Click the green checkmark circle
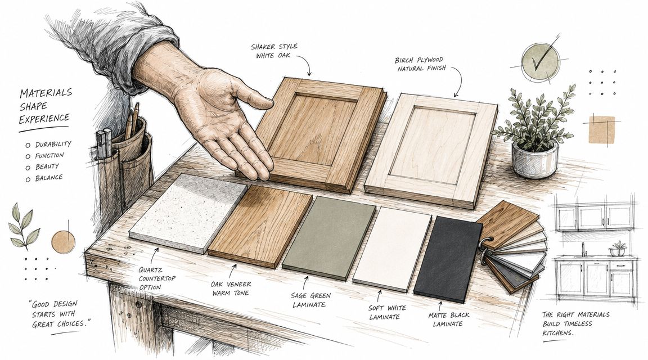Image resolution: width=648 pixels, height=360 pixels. tap(540, 62)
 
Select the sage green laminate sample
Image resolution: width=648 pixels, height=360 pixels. tap(329, 238)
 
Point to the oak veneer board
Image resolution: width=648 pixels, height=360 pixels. tap(260, 226)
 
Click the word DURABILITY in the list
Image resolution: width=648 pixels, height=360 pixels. tap(53, 144)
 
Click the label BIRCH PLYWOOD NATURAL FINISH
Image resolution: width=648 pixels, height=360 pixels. tap(421, 64)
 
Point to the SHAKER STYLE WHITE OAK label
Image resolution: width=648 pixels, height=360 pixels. tap(274, 51)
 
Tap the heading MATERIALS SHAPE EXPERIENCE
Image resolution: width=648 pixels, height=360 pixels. tap(45, 106)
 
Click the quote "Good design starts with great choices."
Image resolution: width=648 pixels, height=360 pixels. tap(60, 314)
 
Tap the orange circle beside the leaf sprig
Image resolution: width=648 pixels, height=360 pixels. tap(63, 242)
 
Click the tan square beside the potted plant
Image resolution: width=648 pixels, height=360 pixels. tap(602, 130)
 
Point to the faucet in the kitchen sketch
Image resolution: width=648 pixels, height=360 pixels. tap(583, 249)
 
